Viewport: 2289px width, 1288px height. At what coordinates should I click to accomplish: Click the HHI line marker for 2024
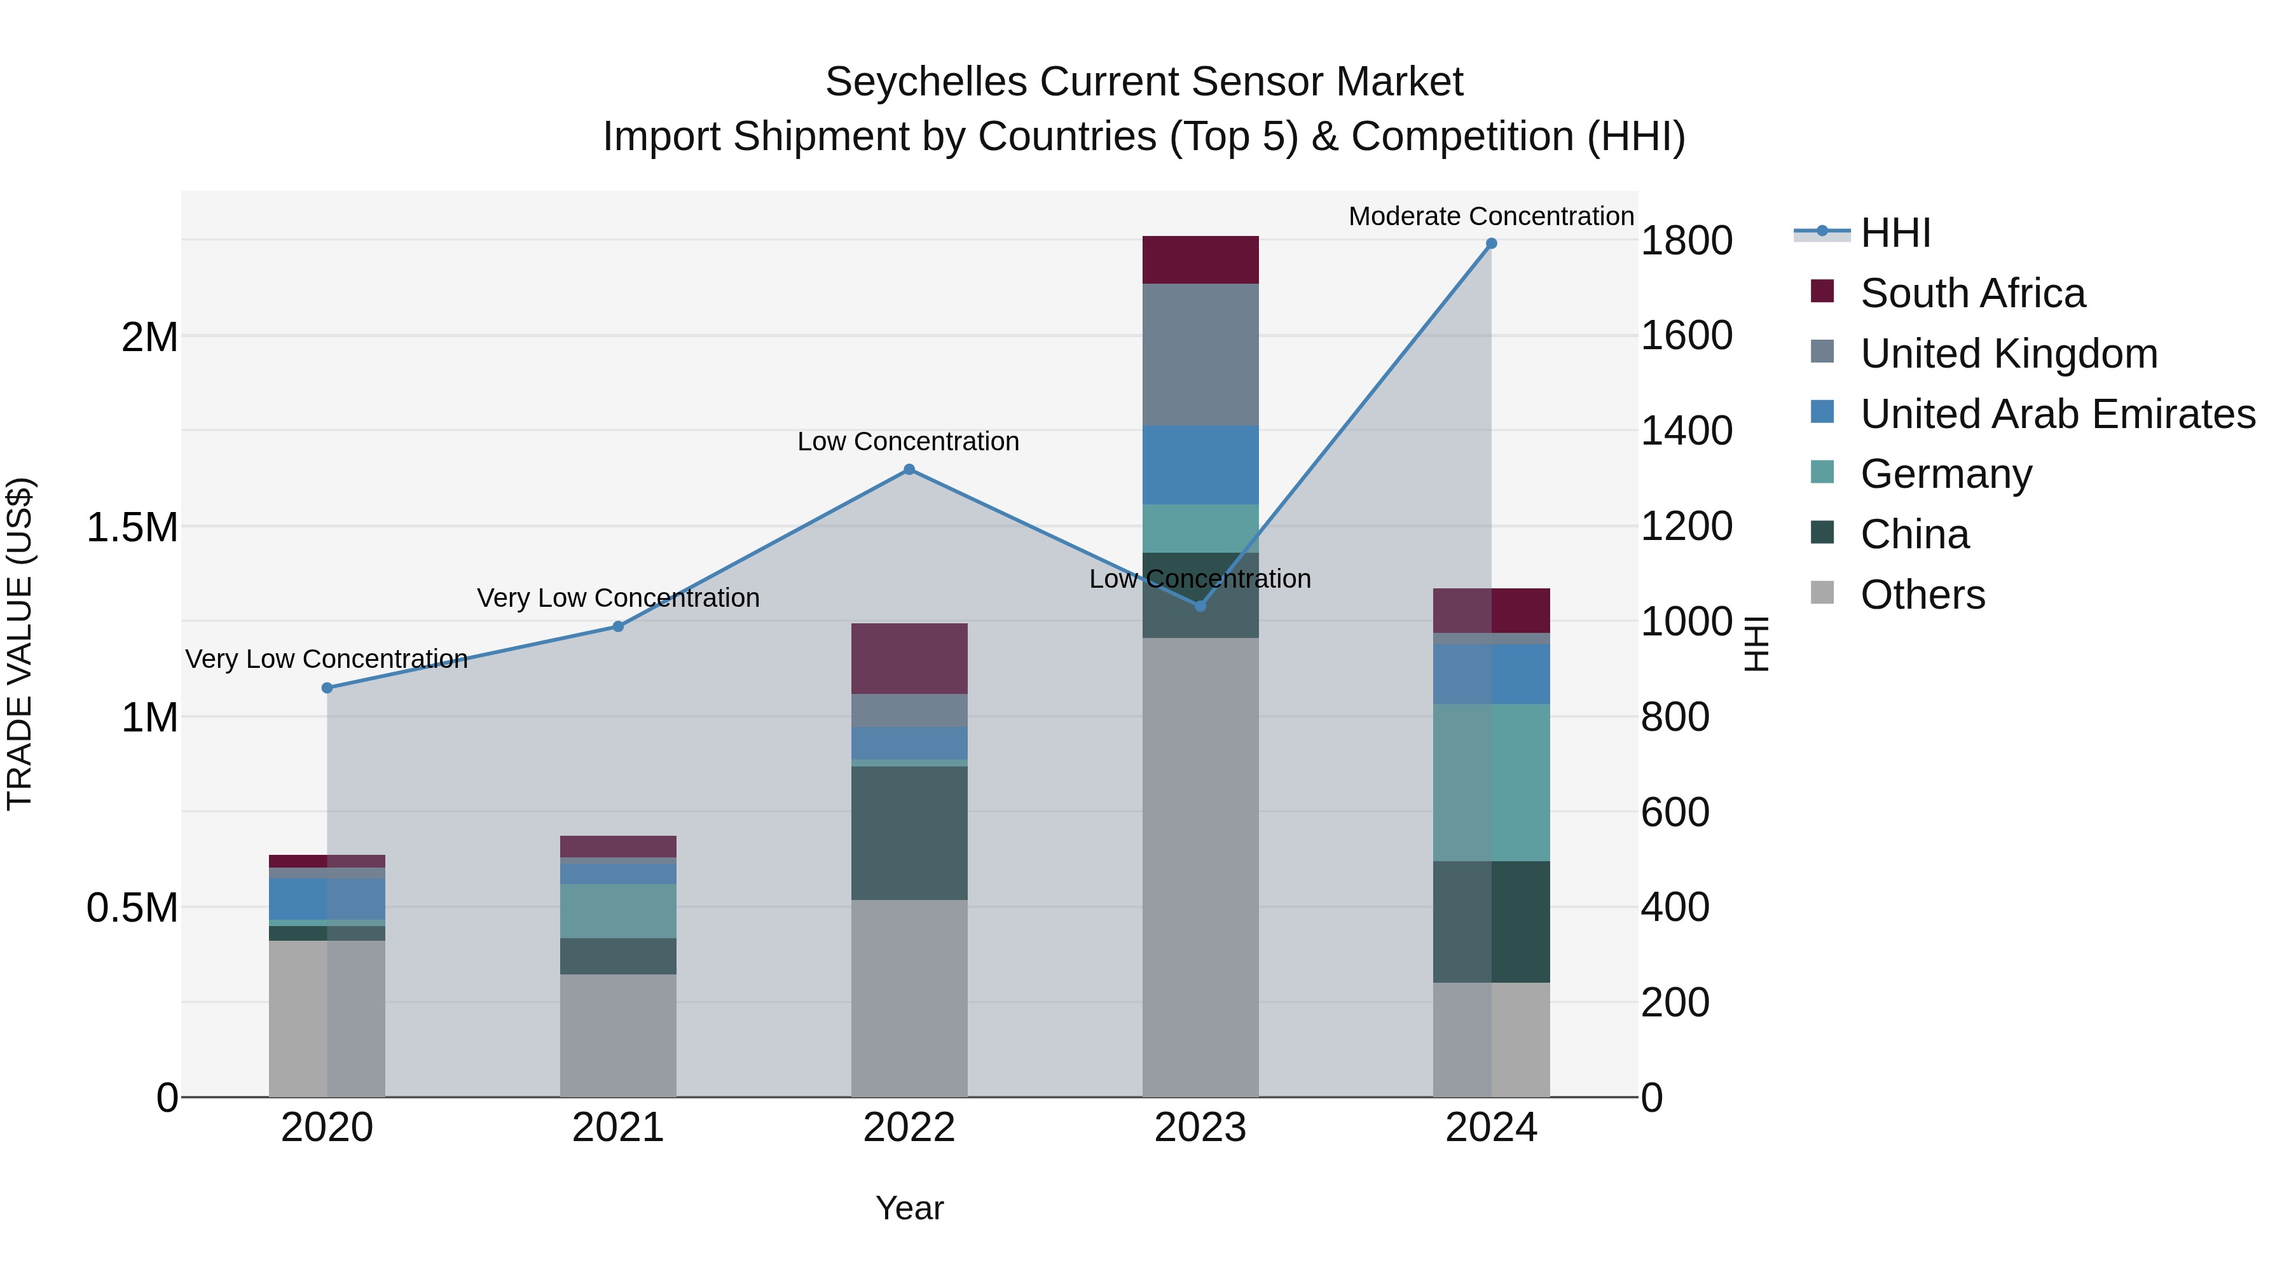pos(1491,244)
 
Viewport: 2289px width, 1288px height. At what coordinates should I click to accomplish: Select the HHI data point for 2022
pos(909,469)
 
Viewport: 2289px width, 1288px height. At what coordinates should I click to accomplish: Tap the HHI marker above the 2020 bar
pos(327,688)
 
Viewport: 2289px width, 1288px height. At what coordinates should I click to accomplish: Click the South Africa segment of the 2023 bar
pos(1200,260)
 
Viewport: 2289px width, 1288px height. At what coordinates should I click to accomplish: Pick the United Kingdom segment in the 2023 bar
pos(1200,355)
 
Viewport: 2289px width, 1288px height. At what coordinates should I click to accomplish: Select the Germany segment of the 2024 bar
pos(1491,782)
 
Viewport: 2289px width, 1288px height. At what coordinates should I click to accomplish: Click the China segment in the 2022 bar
pos(909,833)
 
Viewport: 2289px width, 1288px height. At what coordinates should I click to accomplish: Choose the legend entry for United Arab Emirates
pos(2057,414)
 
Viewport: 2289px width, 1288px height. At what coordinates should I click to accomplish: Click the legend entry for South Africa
pos(1972,293)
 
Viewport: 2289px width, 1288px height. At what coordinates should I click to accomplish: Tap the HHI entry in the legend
pos(1895,233)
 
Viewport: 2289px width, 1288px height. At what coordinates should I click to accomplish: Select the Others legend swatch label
pos(1922,595)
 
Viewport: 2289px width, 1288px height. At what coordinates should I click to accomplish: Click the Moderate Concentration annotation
pos(1490,216)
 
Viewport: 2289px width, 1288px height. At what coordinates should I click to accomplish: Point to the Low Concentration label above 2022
pos(907,442)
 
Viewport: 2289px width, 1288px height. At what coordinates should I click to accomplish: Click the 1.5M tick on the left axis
pos(132,527)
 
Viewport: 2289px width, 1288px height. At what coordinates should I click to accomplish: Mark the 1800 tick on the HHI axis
pos(1686,241)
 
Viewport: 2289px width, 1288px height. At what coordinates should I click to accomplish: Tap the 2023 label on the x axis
pos(1200,1128)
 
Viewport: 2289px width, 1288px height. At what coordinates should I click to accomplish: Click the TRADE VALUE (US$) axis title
pos(20,644)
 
